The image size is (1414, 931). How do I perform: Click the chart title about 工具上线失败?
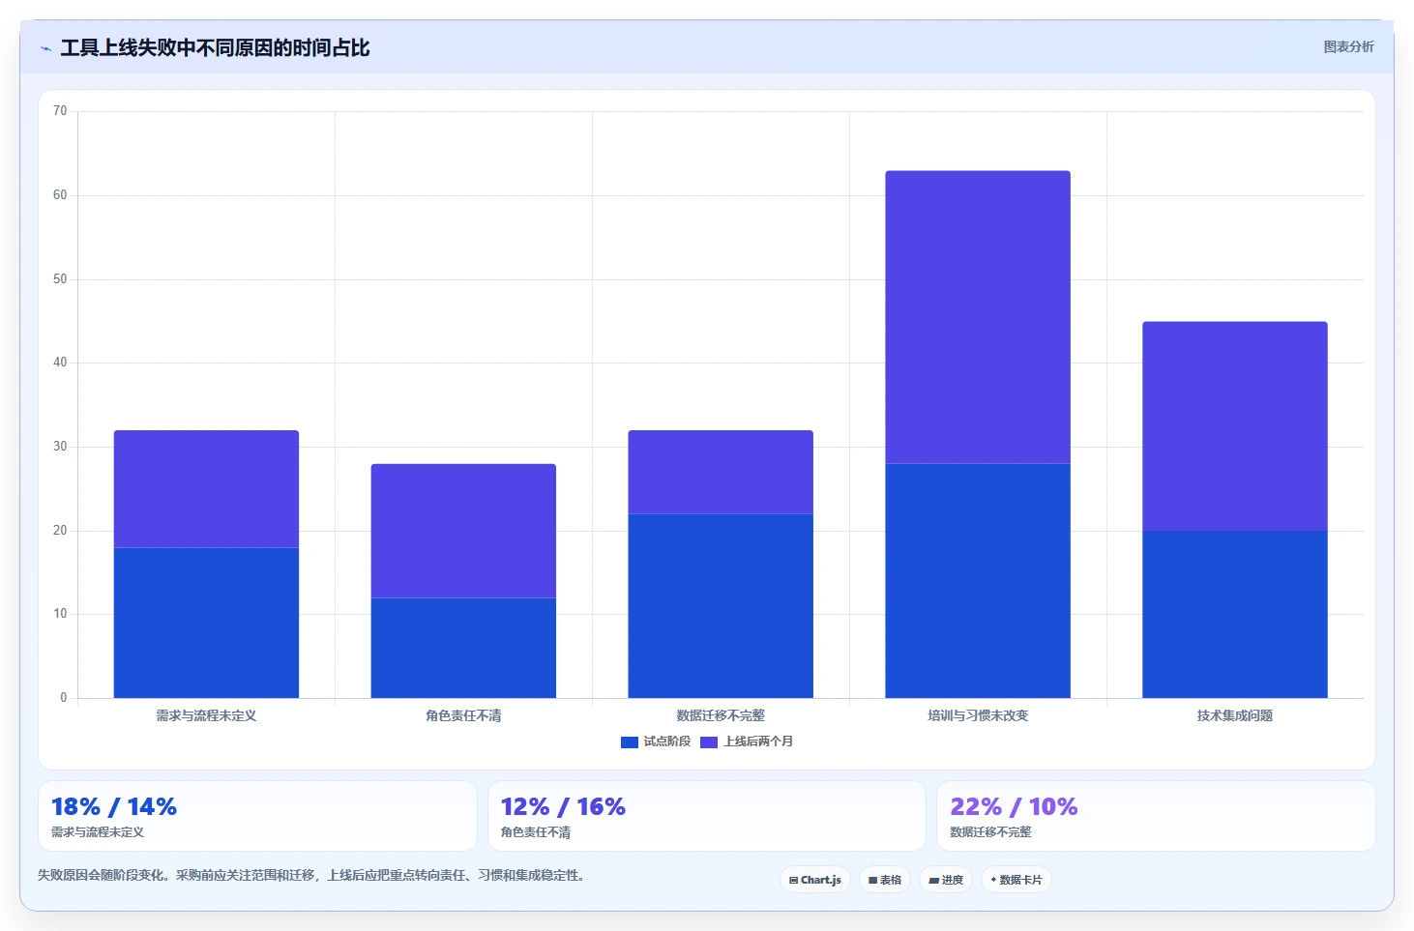[x=215, y=48]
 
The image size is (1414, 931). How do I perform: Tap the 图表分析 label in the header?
[x=1348, y=46]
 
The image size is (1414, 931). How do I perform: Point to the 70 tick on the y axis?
[x=60, y=111]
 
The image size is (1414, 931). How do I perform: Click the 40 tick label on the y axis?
[x=60, y=363]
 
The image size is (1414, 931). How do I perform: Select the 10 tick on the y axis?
[x=60, y=614]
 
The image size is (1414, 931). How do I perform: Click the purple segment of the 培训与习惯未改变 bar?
[x=977, y=317]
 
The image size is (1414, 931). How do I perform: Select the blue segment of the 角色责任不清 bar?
[x=463, y=648]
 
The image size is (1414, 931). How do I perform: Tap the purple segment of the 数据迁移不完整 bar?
[x=721, y=472]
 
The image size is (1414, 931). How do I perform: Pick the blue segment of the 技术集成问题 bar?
[x=1235, y=614]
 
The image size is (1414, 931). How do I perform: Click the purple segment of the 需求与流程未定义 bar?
[x=206, y=489]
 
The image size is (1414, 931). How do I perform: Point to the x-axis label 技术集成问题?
[x=1235, y=715]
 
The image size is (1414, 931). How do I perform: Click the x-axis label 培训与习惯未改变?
[x=977, y=715]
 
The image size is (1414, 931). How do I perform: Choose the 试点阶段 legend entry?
[x=656, y=742]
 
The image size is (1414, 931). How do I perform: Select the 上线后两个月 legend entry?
[x=747, y=742]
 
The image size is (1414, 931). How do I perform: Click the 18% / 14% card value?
[x=114, y=806]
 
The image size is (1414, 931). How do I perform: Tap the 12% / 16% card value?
[x=563, y=806]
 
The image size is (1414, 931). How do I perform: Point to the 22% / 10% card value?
[x=1014, y=806]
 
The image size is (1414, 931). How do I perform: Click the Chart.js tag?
[x=815, y=880]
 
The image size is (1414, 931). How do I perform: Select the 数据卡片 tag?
[x=1016, y=880]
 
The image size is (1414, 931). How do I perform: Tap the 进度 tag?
[x=946, y=880]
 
